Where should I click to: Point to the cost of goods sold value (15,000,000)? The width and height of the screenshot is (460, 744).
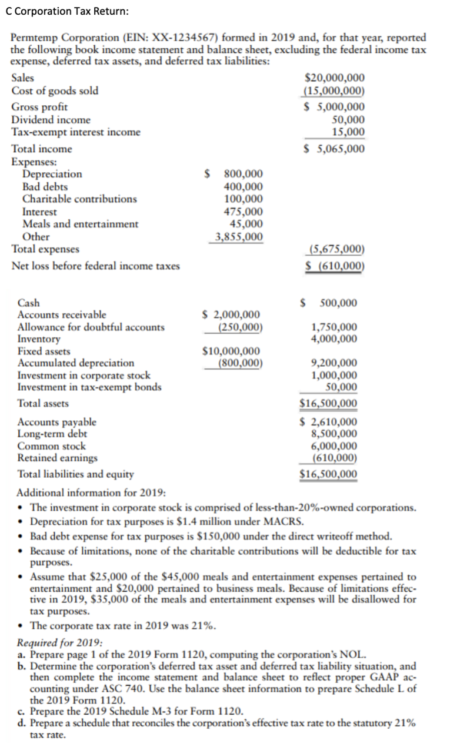click(334, 91)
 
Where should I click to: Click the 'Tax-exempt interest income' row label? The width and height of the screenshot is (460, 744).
click(76, 132)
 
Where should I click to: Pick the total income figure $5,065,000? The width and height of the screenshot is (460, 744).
click(333, 149)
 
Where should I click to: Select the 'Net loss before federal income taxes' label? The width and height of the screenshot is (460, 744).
click(96, 266)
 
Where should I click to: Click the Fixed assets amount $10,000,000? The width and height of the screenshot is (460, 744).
click(232, 351)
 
